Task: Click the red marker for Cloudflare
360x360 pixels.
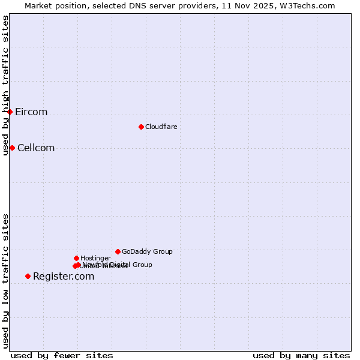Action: pyautogui.click(x=141, y=127)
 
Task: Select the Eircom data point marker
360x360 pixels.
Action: pyautogui.click(x=10, y=112)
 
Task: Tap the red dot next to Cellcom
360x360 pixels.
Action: pyautogui.click(x=12, y=148)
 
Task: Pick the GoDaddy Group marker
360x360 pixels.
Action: pyautogui.click(x=118, y=251)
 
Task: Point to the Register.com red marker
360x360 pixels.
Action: pyautogui.click(x=28, y=276)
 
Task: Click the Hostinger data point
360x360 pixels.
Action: pyautogui.click(x=76, y=258)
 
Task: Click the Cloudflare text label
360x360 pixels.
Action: pyautogui.click(x=161, y=127)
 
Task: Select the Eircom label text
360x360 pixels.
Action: pyautogui.click(x=31, y=112)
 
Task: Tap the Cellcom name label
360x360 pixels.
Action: pyautogui.click(x=36, y=148)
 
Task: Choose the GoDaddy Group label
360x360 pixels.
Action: pyautogui.click(x=147, y=251)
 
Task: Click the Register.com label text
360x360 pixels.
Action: pyautogui.click(x=64, y=277)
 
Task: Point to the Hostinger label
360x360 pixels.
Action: pyautogui.click(x=95, y=258)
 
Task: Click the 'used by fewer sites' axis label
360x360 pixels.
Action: pyautogui.click(x=62, y=355)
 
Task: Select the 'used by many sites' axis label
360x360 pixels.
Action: pyautogui.click(x=301, y=355)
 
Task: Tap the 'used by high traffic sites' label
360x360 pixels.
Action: pyautogui.click(x=5, y=86)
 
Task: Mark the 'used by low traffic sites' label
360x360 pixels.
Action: pyautogui.click(x=5, y=281)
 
